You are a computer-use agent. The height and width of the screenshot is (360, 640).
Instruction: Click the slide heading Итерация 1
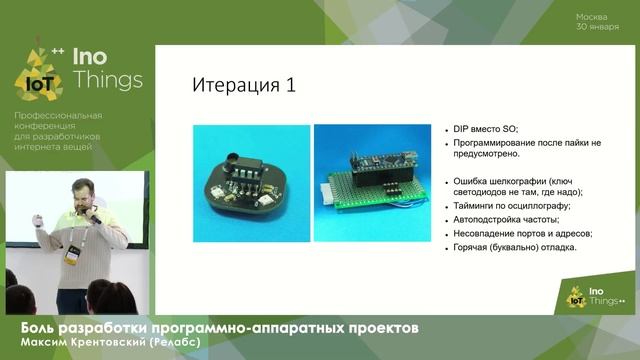click(243, 85)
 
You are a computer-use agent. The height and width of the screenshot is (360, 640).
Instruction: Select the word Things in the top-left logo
click(107, 79)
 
